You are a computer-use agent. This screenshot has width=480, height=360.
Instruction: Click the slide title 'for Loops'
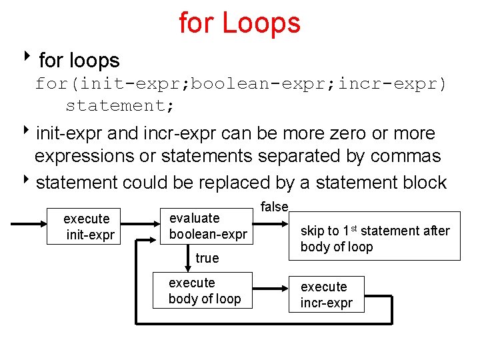point(239,23)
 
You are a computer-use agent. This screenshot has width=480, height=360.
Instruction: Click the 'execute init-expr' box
point(86,227)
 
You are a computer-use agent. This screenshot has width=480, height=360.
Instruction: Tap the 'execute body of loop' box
point(203,291)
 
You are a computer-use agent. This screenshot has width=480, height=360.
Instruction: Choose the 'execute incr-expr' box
point(326,295)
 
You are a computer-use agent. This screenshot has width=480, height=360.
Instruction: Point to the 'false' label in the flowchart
point(273,207)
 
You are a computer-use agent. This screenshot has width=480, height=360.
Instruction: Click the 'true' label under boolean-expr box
point(207,258)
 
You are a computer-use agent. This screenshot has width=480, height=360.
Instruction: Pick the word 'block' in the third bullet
point(425,182)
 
